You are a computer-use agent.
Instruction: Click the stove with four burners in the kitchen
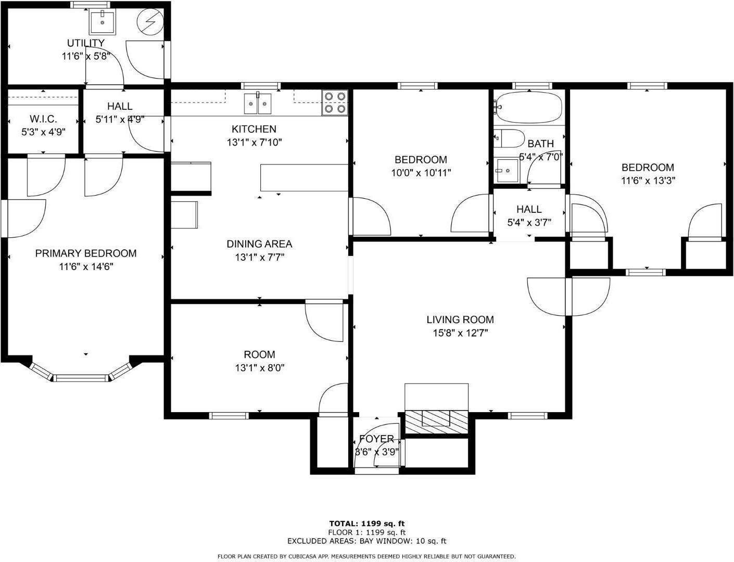334,103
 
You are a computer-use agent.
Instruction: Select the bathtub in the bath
529,107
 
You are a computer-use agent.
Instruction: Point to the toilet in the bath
509,138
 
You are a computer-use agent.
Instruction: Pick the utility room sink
103,22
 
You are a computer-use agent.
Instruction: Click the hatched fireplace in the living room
436,422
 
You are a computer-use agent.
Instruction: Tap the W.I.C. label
43,119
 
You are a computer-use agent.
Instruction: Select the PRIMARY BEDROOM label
86,253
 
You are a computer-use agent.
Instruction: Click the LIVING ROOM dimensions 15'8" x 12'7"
460,333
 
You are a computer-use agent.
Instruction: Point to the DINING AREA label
259,244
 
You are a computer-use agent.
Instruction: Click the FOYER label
376,439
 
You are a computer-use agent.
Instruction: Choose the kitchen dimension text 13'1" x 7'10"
255,143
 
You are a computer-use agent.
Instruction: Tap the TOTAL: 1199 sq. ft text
367,523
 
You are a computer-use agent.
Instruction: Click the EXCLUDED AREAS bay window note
367,541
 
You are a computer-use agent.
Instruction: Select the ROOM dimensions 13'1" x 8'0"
260,367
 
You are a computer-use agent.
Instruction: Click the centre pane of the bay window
81,378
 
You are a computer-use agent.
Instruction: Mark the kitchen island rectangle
304,177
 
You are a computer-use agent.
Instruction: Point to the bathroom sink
507,171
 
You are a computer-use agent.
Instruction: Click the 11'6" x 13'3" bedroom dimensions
648,181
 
